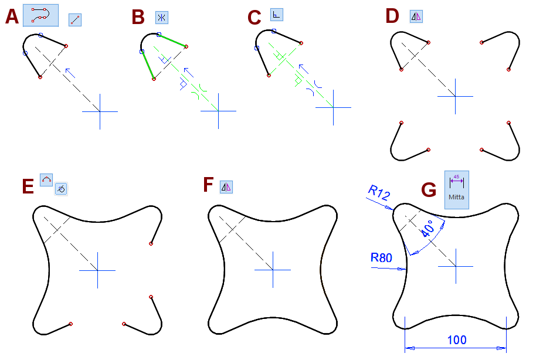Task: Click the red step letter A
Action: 12,17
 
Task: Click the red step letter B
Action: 138,17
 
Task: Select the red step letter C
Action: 254,18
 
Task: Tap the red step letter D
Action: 392,16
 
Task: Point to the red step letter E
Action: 27,186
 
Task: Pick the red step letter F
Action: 208,185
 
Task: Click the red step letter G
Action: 429,190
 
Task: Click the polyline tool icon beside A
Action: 40,15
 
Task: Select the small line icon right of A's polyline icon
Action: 74,20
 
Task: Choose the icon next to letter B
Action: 161,18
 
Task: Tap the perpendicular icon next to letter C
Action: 276,14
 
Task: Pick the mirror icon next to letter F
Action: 226,187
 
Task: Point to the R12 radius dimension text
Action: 379,193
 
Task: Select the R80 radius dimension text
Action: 381,257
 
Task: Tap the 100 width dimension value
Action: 457,340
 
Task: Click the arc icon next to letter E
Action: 46,179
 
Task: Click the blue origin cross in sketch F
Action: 273,270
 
